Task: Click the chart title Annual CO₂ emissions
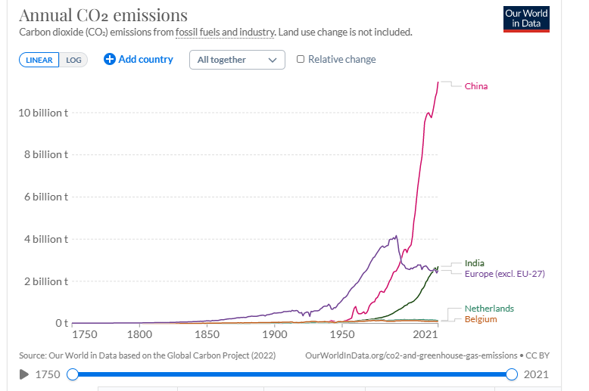coord(103,15)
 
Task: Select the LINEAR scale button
coord(39,60)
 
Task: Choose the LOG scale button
coord(73,60)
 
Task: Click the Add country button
coord(139,59)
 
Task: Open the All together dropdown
coord(237,60)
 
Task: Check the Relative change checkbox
coord(301,60)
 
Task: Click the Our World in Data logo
coord(527,20)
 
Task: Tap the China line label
coord(476,86)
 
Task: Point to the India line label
coord(475,263)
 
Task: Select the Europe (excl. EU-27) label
coord(505,274)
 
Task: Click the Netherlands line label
coord(489,309)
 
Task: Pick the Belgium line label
coord(481,319)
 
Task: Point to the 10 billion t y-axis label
coord(44,113)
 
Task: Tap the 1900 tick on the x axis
coord(275,334)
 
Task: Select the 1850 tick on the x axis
coord(207,334)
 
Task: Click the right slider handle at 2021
coord(512,374)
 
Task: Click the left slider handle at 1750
coord(73,374)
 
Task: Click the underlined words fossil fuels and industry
coord(224,33)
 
